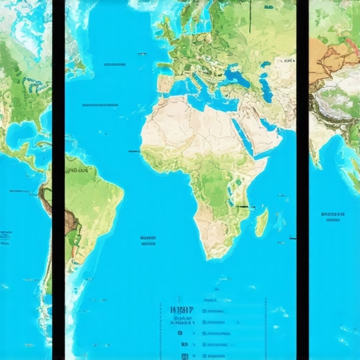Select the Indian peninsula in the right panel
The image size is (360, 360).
(x=323, y=144)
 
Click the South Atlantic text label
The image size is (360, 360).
(x=148, y=240)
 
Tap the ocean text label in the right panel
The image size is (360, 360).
(x=333, y=215)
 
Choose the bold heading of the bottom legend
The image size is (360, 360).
(x=181, y=309)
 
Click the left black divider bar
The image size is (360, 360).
(x=58, y=180)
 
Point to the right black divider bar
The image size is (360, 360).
(x=302, y=180)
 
